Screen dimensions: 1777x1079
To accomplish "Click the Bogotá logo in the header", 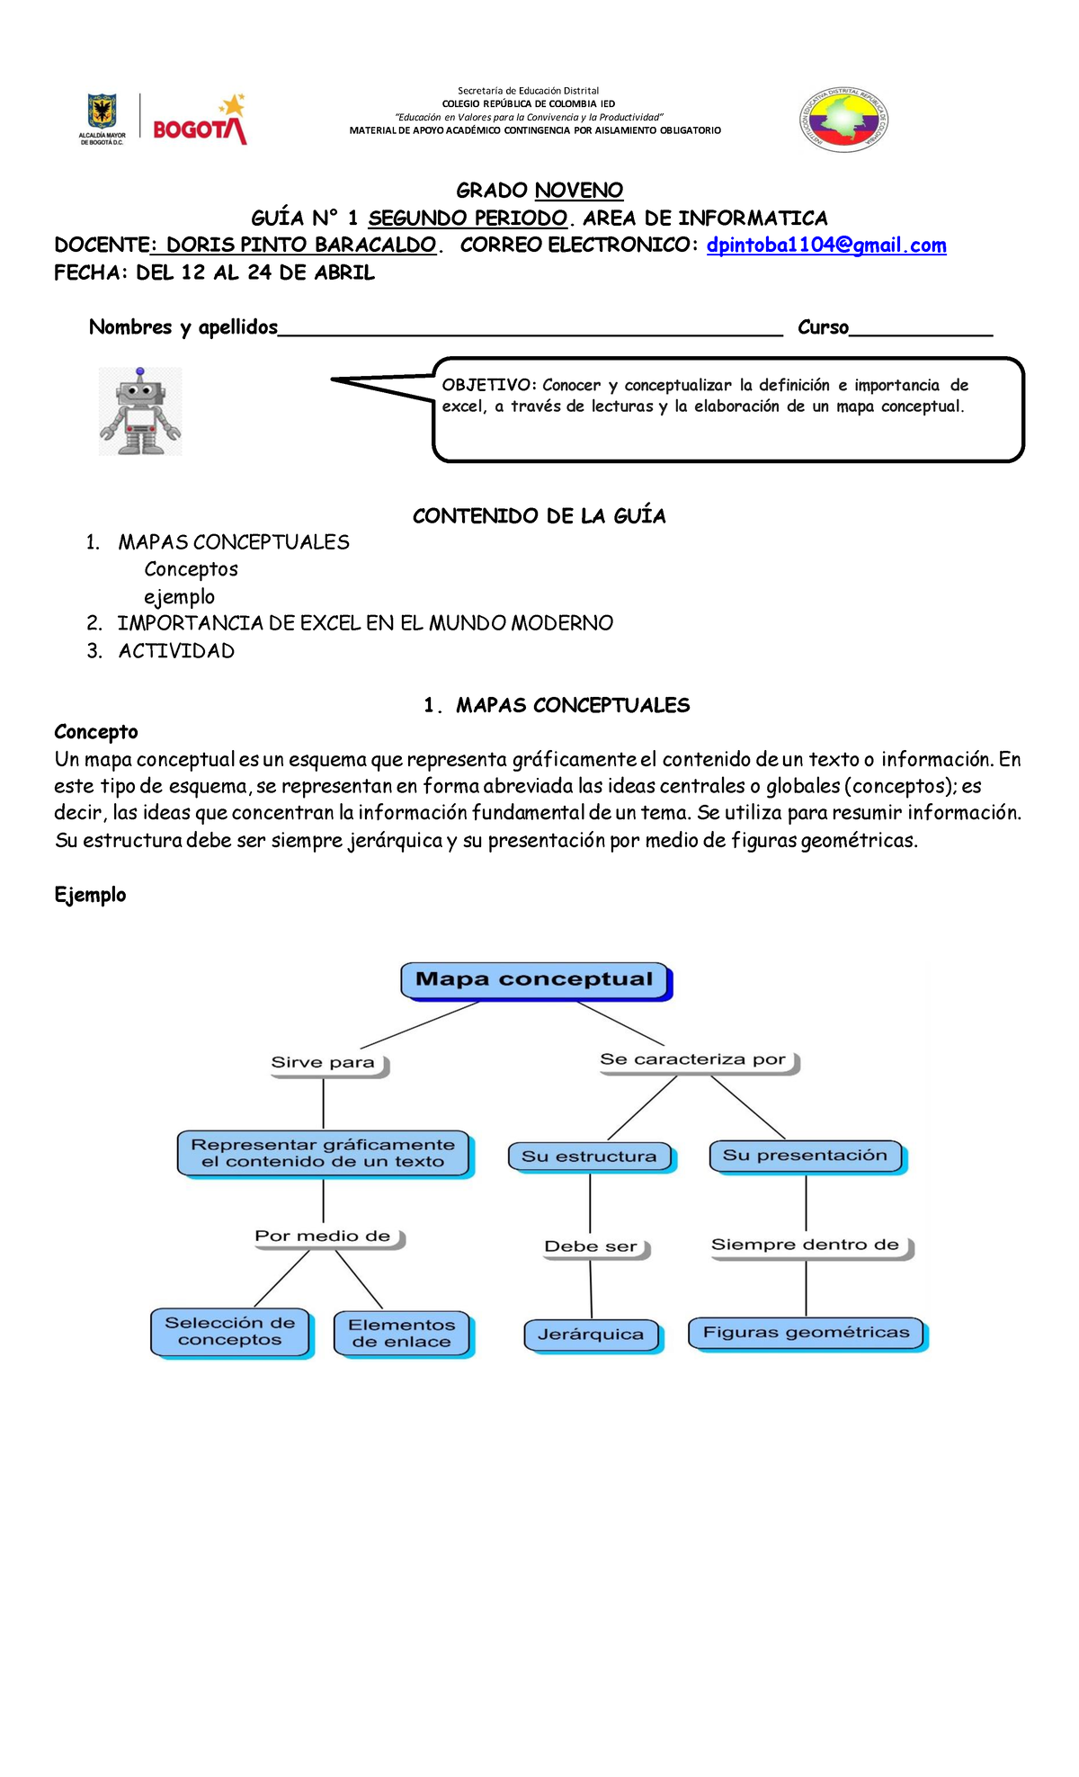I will tap(199, 121).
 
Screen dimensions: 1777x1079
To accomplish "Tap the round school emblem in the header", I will tap(844, 121).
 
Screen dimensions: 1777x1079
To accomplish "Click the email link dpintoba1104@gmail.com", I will tap(826, 246).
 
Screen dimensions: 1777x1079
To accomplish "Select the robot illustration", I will tap(140, 411).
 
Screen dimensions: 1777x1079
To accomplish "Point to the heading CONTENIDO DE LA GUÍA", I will tap(539, 516).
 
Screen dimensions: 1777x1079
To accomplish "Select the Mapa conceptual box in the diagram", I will tap(535, 980).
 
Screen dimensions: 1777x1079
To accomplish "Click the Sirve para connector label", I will tap(324, 1063).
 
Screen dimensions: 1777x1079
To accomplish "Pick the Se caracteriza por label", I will tap(693, 1060).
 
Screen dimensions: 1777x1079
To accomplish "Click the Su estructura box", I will tap(590, 1156).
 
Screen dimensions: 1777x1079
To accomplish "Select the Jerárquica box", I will tap(591, 1335).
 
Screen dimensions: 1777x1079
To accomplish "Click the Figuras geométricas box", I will tap(806, 1333).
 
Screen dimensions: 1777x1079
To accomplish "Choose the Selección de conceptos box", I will tap(230, 1331).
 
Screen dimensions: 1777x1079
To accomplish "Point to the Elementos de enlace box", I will tap(402, 1333).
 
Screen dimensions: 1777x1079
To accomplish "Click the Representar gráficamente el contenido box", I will tap(323, 1153).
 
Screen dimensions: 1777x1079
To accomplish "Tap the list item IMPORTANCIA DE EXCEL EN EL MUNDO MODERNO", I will tap(365, 623).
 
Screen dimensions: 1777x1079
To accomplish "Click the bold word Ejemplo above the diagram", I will tap(90, 895).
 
